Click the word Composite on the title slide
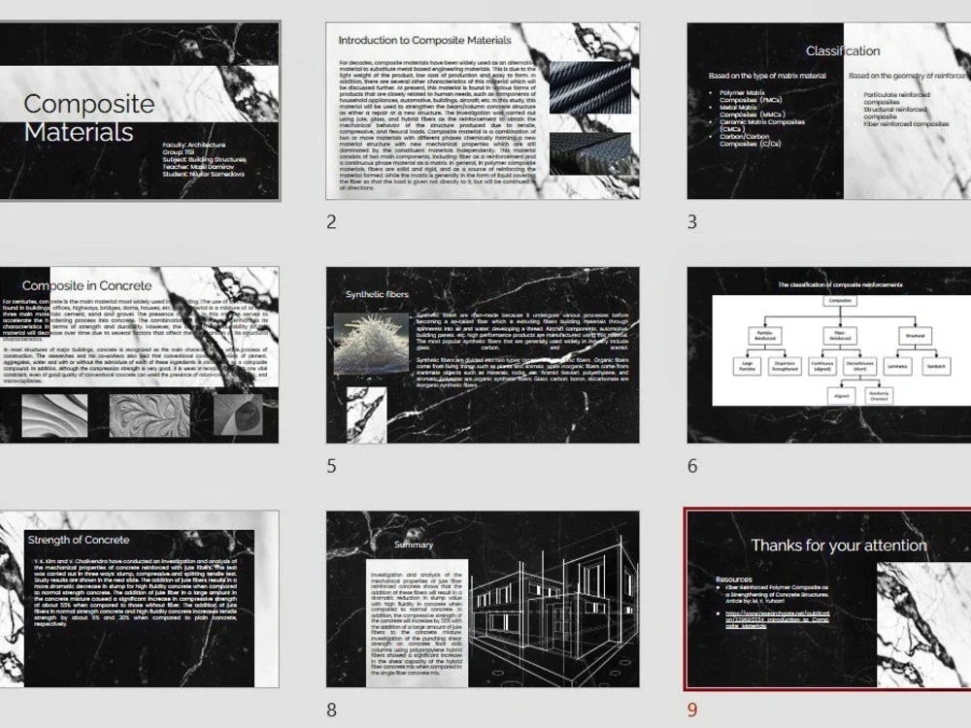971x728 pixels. (x=88, y=104)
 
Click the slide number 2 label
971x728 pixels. (x=332, y=222)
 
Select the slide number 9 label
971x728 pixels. (x=692, y=710)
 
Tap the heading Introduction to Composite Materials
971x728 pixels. (x=424, y=41)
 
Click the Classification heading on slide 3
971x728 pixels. (x=843, y=51)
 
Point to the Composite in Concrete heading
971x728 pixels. (x=87, y=285)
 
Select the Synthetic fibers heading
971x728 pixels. (x=378, y=294)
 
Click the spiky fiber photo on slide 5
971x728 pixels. (x=371, y=343)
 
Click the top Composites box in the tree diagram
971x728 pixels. (x=841, y=302)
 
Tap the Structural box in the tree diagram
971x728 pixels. (x=915, y=335)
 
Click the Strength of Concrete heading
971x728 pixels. (x=78, y=540)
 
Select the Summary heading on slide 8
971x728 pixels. (x=414, y=545)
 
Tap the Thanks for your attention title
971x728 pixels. (x=839, y=546)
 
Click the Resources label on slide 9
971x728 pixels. (x=733, y=579)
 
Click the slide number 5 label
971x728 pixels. (x=332, y=466)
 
